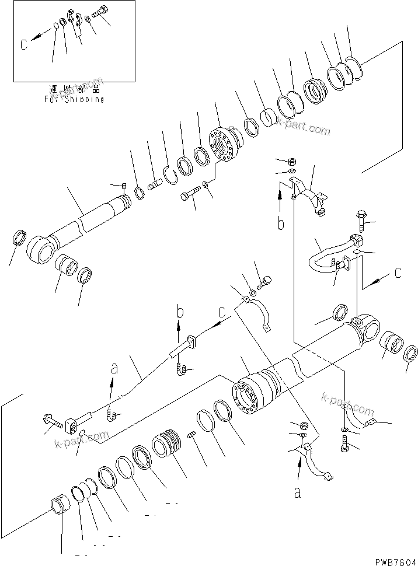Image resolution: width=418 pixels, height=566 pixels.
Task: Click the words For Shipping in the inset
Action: coord(74,99)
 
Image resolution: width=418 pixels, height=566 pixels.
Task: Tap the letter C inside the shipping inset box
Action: coord(23,44)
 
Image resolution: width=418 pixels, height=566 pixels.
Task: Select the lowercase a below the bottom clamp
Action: coord(298,493)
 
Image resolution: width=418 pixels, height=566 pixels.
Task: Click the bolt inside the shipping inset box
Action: coord(101,12)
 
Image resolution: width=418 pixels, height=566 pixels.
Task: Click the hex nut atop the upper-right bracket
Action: coord(291,161)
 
